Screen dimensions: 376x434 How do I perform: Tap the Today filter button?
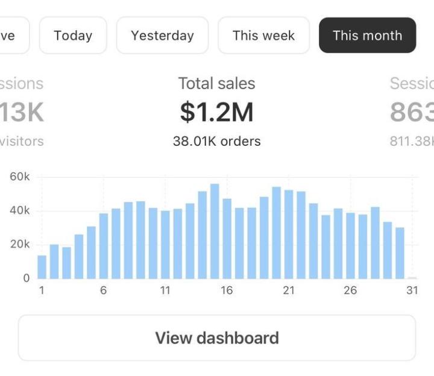pos(73,35)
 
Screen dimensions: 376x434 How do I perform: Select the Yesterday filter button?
pos(162,35)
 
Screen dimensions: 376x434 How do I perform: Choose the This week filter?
pos(263,35)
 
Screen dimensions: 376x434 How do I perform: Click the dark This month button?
pos(367,35)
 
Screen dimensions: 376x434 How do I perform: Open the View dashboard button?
pos(217,337)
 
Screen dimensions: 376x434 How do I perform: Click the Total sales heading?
pos(217,84)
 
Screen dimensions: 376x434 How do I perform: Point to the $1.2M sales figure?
pos(217,112)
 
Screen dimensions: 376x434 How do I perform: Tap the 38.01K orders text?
pos(217,142)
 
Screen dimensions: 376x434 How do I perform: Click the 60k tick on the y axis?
pos(19,177)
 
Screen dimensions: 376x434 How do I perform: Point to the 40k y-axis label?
pos(19,211)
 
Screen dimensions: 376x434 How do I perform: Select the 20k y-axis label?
pos(19,245)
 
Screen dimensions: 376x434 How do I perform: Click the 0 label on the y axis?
pos(26,278)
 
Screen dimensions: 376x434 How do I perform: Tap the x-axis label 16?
pos(227,290)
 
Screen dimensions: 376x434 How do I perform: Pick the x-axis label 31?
pos(412,290)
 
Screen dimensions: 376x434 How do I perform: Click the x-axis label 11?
pos(165,290)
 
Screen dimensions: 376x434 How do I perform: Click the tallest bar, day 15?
pos(215,231)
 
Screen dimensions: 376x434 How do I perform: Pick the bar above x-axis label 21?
pos(289,234)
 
